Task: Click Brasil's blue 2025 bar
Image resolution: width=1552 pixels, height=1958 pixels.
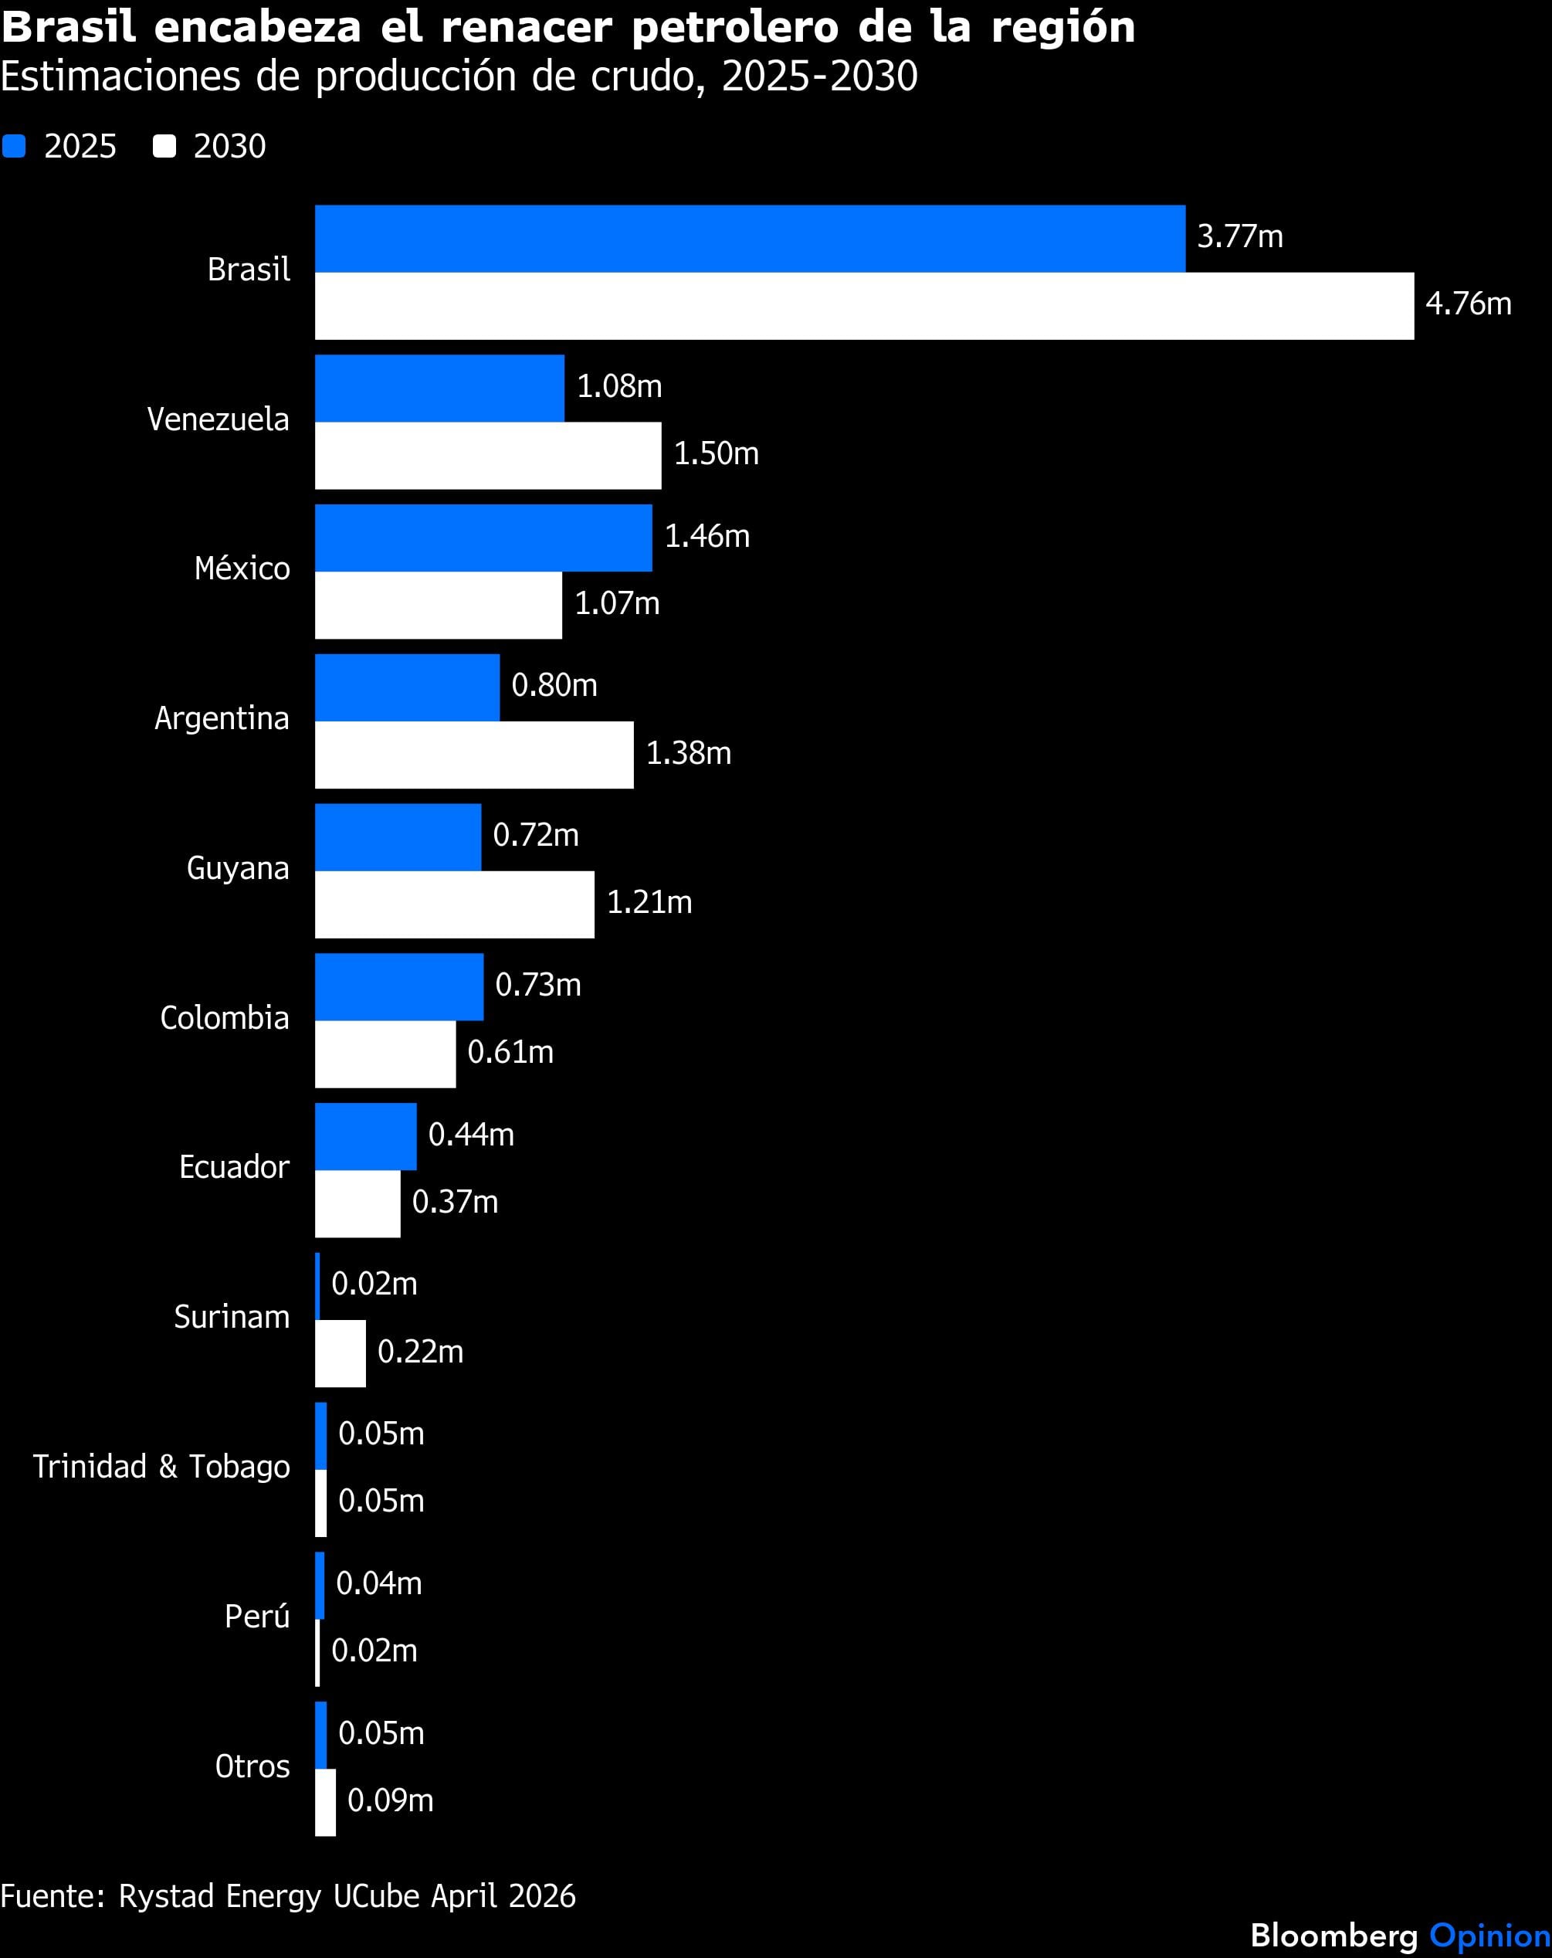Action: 749,239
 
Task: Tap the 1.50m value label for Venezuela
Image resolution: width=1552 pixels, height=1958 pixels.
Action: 716,453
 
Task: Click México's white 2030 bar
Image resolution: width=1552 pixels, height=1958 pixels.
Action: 438,605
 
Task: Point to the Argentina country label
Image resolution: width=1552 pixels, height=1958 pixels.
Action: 222,718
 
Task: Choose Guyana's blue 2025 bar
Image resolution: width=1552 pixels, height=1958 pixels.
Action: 398,836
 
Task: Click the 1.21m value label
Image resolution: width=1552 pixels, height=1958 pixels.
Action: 649,903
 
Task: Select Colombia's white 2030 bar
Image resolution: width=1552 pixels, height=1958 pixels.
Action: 385,1054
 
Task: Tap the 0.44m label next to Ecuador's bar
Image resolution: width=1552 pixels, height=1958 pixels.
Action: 470,1135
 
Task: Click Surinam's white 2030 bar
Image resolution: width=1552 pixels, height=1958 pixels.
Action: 340,1353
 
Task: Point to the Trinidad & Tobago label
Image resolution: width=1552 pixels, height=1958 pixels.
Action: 161,1467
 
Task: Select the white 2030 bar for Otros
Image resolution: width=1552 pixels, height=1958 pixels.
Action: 325,1803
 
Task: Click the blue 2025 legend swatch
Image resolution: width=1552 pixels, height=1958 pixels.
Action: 14,146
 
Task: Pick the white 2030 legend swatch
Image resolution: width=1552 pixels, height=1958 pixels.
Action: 164,146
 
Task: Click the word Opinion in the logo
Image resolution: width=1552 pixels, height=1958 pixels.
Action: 1489,1936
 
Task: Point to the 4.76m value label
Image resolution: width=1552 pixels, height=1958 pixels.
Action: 1468,304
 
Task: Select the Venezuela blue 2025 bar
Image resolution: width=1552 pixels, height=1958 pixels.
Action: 439,388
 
